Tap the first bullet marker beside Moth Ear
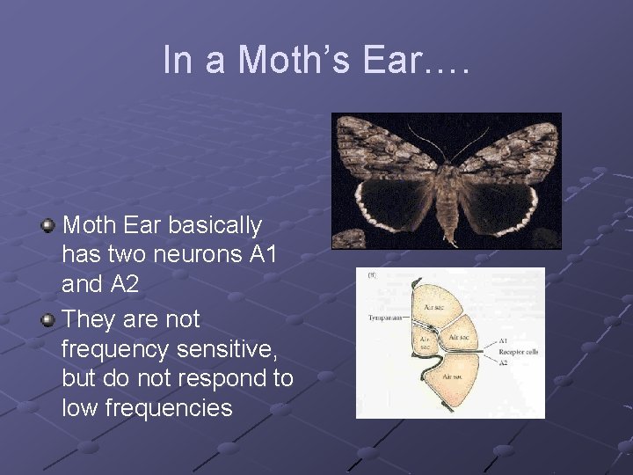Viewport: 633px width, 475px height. [x=49, y=227]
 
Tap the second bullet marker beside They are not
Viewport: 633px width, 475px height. [x=49, y=319]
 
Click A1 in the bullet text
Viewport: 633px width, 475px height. [x=261, y=255]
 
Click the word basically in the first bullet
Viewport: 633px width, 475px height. [x=215, y=226]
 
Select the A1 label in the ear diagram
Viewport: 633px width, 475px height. [x=503, y=340]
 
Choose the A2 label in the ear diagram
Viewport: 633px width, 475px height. [x=503, y=362]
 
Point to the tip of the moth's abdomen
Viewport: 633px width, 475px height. [x=449, y=241]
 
